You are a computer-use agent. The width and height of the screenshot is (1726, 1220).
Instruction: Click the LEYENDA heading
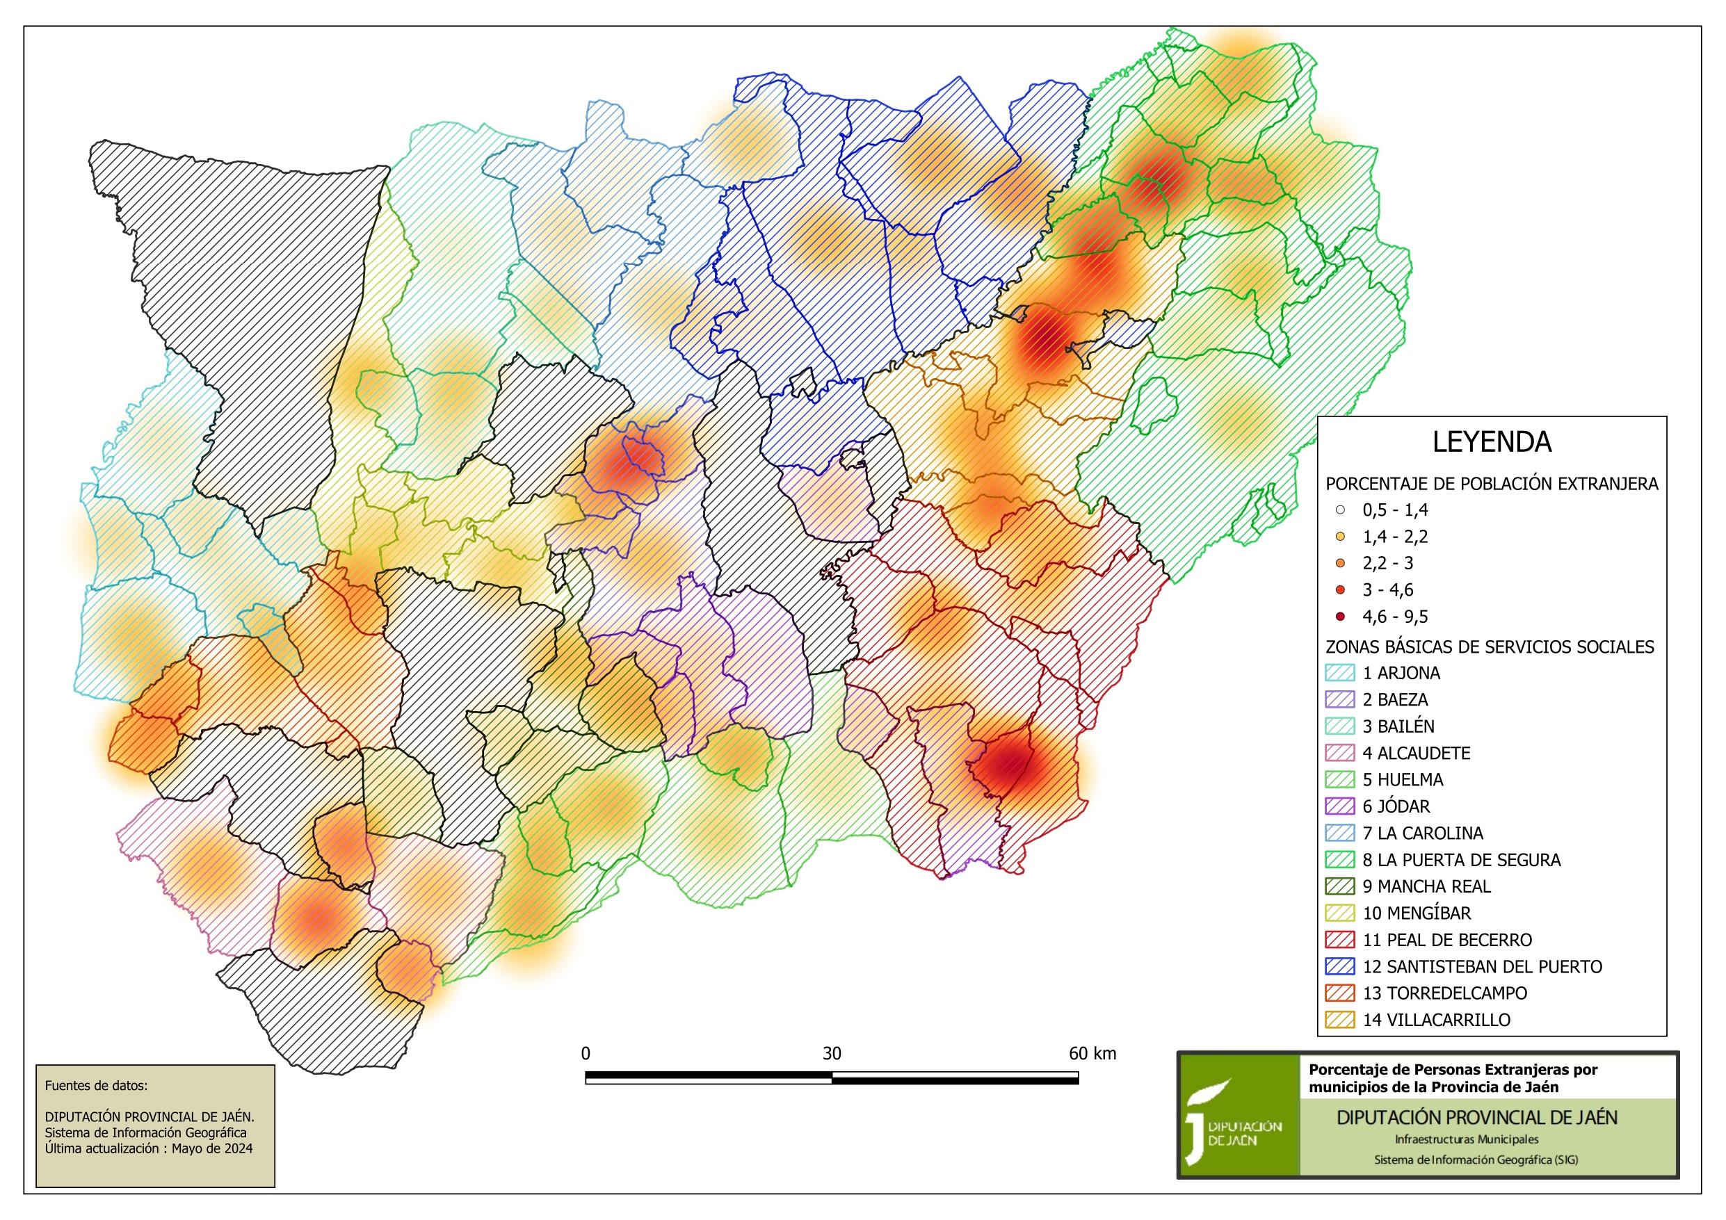(x=1492, y=442)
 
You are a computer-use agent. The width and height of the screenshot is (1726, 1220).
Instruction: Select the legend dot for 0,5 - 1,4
(x=1340, y=510)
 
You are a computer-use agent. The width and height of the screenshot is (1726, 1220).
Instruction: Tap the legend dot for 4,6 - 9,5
(x=1340, y=617)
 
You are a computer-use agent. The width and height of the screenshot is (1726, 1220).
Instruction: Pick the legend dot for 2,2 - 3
(x=1340, y=564)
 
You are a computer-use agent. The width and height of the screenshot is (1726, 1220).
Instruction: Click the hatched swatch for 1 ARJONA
(x=1339, y=673)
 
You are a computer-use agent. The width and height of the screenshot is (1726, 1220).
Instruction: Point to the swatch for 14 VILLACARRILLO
(x=1339, y=1020)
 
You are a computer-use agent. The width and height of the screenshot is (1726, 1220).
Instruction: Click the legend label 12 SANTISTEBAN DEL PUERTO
(x=1482, y=967)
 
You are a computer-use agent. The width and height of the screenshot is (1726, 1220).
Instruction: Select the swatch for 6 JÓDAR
(x=1339, y=806)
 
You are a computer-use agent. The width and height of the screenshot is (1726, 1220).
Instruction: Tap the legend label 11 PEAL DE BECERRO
(x=1447, y=941)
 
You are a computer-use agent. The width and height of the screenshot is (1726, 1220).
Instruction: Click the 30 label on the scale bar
(x=832, y=1054)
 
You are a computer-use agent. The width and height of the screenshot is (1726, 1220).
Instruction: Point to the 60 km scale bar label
(x=1092, y=1054)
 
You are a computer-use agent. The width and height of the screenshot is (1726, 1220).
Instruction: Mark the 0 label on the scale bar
(x=586, y=1054)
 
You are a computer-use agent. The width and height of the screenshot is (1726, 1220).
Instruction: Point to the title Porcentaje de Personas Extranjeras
(x=1453, y=1070)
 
